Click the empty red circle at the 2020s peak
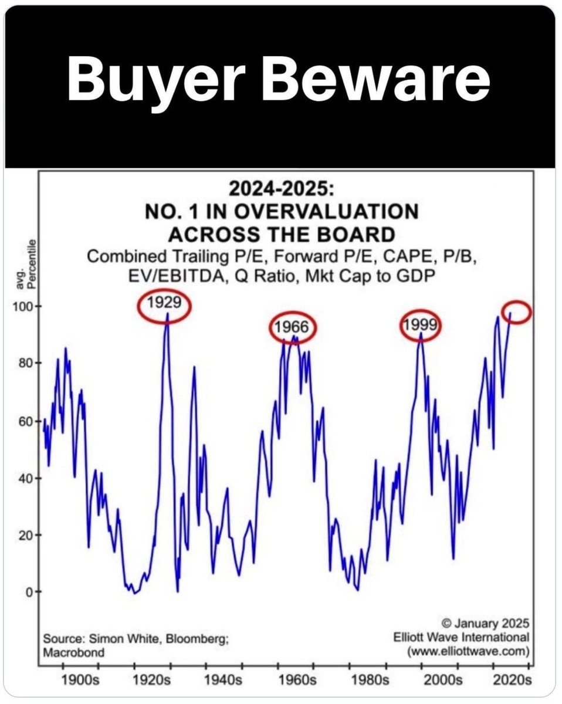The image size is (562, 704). point(517,312)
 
